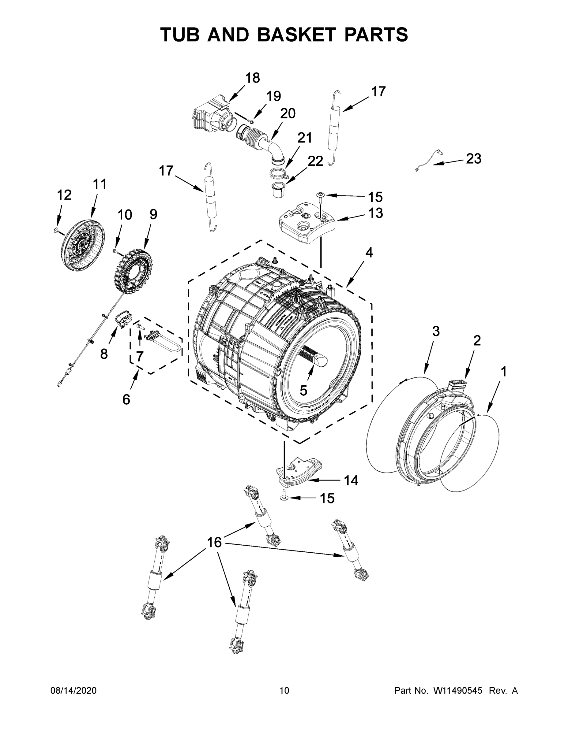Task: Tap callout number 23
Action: click(x=473, y=159)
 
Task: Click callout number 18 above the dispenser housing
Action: click(x=252, y=78)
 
